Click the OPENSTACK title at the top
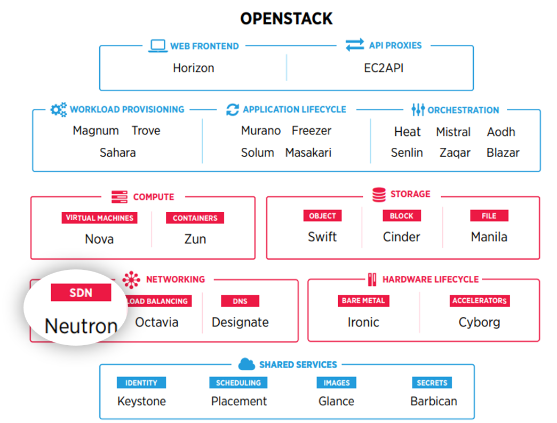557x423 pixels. [286, 19]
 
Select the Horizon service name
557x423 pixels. [193, 68]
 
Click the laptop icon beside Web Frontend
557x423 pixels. [157, 46]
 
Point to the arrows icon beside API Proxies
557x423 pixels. [355, 45]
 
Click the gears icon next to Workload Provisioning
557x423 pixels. [58, 109]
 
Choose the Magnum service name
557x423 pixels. [96, 131]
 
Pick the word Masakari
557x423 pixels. [308, 153]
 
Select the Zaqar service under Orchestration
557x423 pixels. [455, 153]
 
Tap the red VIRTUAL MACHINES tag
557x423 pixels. [99, 218]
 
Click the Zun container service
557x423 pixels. [195, 239]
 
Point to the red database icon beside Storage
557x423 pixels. [379, 195]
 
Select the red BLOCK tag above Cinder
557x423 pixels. [401, 216]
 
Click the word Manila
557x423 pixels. [489, 237]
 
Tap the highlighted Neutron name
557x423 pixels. [81, 326]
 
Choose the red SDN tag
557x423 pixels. [81, 293]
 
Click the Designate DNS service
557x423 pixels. [240, 322]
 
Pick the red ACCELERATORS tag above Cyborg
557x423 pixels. [479, 301]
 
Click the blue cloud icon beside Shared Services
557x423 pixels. [246, 364]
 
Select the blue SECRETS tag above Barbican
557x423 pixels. [432, 383]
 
